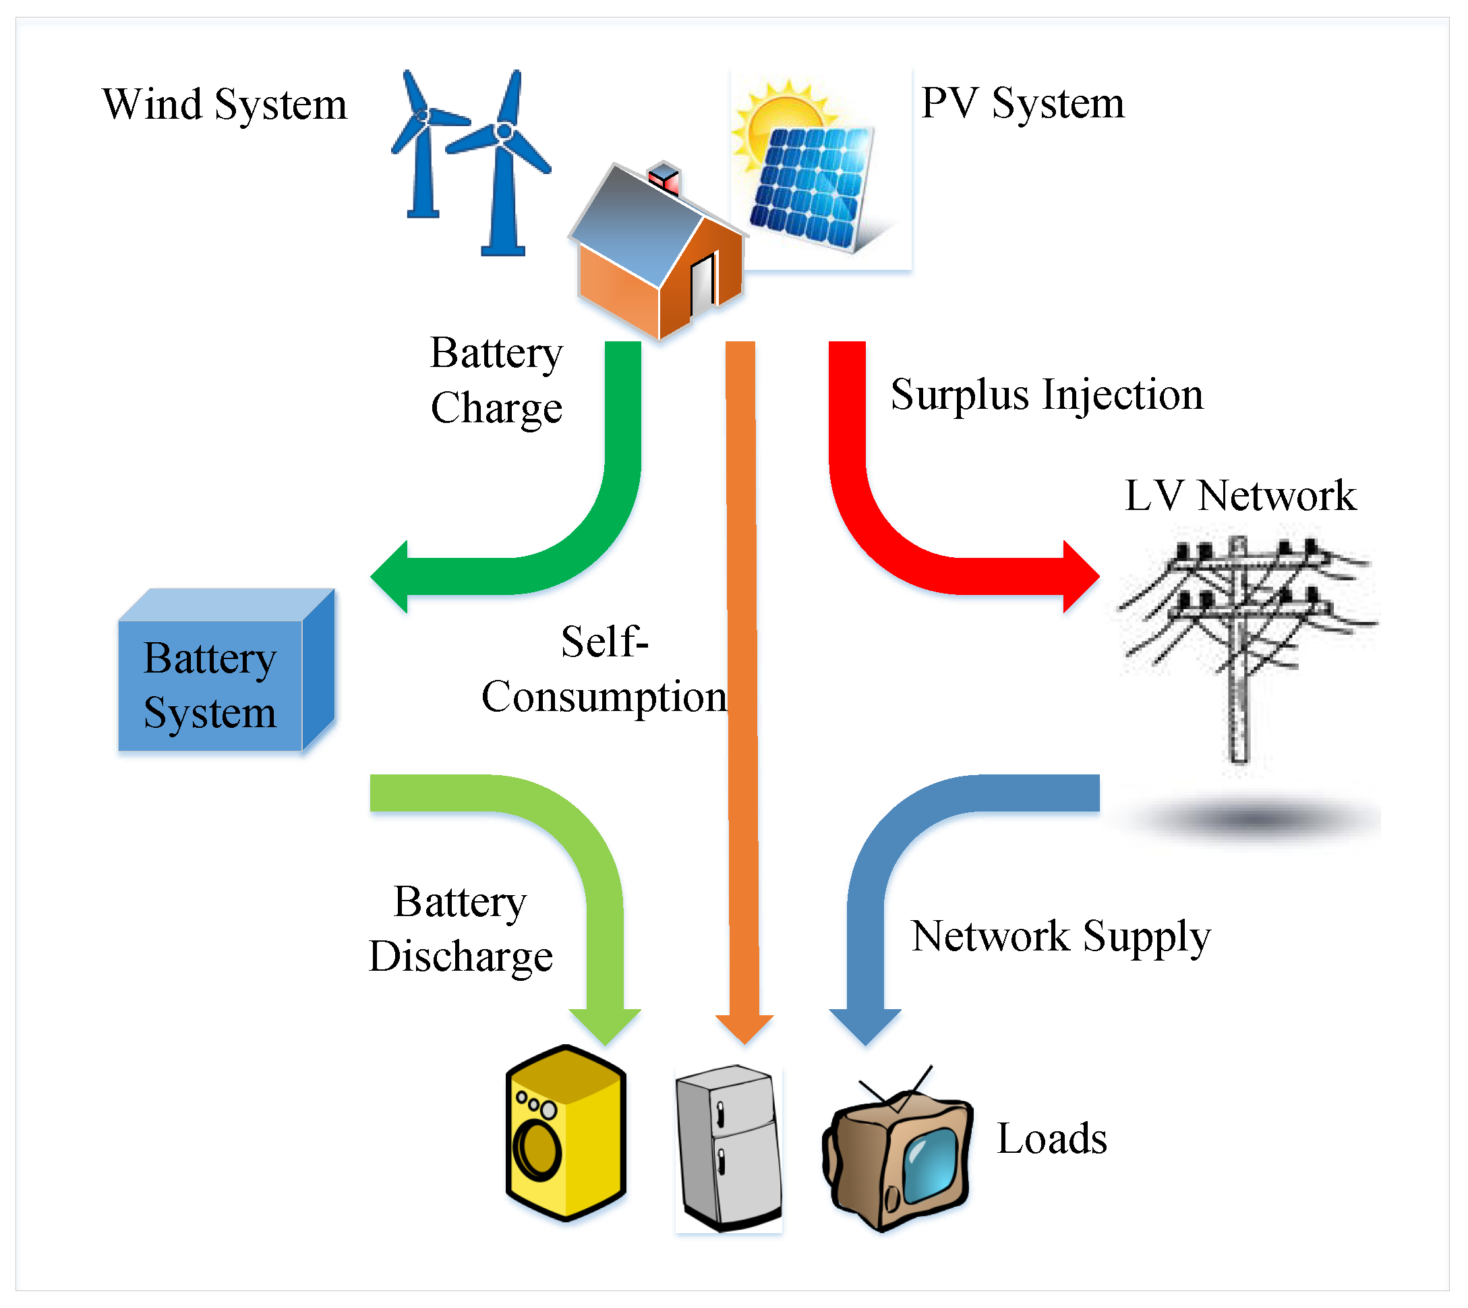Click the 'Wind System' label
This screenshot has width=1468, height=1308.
tap(224, 105)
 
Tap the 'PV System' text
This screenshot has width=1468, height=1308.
tap(1022, 103)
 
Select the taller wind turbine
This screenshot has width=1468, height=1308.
tap(503, 165)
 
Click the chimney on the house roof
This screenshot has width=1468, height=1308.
tap(665, 178)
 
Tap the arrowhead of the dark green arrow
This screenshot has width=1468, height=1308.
tap(392, 576)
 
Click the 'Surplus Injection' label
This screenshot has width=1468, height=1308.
tap(1046, 395)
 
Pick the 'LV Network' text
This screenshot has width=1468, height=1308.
tap(1239, 496)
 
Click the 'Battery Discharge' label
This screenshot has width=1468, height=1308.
tap(461, 930)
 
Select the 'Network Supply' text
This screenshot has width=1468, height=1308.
tap(1061, 936)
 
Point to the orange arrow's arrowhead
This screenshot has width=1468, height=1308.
tap(744, 1028)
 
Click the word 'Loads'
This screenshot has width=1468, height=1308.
tap(1051, 1140)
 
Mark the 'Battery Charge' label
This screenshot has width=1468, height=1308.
tap(496, 381)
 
